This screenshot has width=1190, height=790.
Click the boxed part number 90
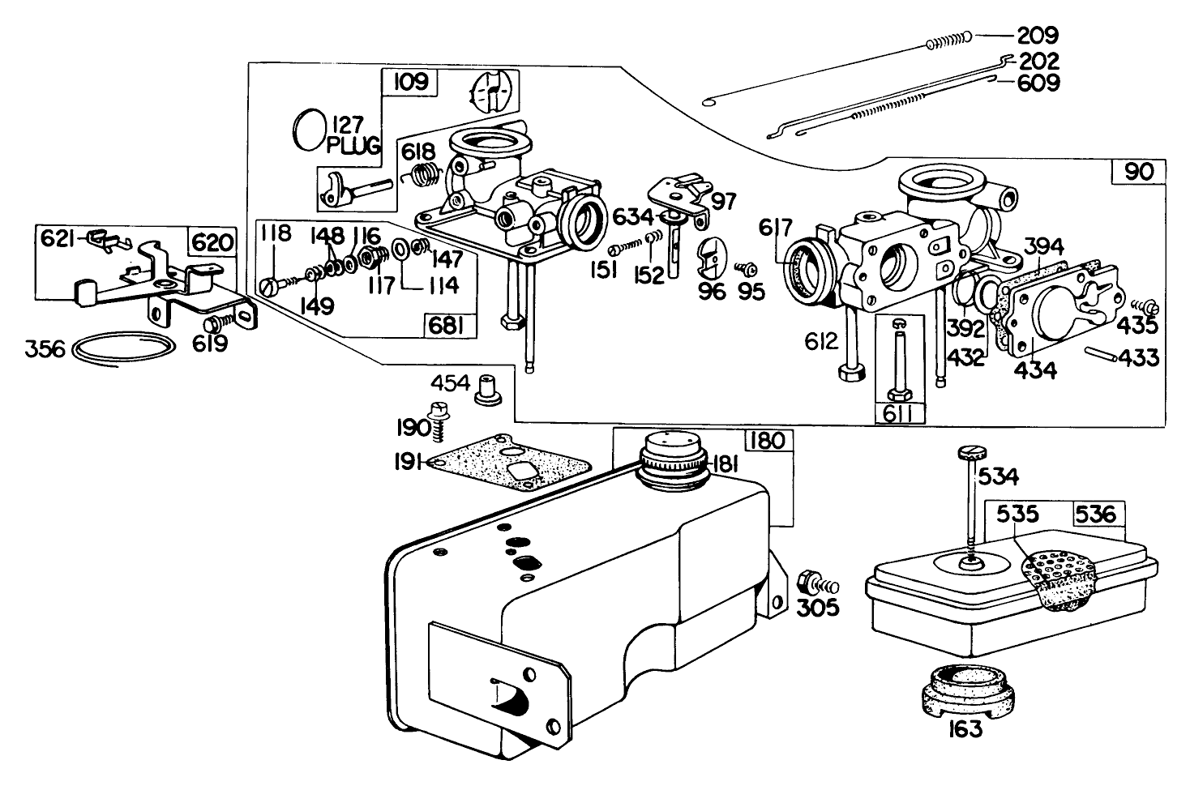[1138, 172]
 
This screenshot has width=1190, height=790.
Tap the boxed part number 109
[411, 83]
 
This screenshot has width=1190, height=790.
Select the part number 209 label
[1038, 36]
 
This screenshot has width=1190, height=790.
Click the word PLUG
[353, 146]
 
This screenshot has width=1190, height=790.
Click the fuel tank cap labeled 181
[673, 460]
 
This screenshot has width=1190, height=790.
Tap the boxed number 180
[768, 440]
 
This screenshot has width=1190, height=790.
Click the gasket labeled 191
[509, 462]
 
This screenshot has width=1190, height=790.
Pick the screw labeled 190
[439, 421]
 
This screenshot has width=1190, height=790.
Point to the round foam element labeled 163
[967, 690]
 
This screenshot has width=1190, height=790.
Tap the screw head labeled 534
[972, 453]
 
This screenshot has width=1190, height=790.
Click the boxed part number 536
[1096, 514]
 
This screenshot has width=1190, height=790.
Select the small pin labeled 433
[1100, 354]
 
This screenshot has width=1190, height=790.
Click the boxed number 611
[899, 413]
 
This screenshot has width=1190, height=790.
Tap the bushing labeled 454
[487, 391]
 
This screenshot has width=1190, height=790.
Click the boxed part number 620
[212, 242]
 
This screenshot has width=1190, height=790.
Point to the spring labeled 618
[425, 173]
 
